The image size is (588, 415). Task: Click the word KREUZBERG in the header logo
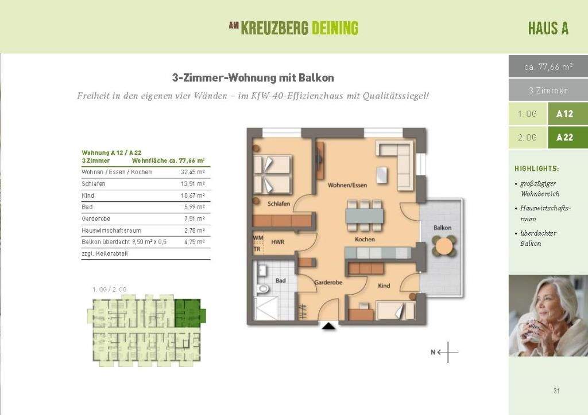[274, 28]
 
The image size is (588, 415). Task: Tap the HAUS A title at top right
[548, 29]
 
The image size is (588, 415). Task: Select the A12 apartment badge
[564, 114]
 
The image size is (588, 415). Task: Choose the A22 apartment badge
[564, 138]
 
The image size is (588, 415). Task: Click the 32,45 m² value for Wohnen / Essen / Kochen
[193, 172]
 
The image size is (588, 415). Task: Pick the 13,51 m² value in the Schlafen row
[193, 184]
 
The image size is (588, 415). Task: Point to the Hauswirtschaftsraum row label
[111, 230]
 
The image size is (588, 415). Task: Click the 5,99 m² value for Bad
[194, 207]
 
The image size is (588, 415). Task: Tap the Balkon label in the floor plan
[442, 228]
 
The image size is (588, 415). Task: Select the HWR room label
[278, 242]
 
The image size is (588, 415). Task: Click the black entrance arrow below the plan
[328, 327]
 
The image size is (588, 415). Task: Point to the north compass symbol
[446, 353]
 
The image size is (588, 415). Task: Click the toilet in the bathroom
[263, 288]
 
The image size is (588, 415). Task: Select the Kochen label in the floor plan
[365, 239]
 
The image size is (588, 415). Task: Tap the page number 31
[556, 391]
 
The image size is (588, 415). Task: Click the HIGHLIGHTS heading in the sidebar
[536, 169]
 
